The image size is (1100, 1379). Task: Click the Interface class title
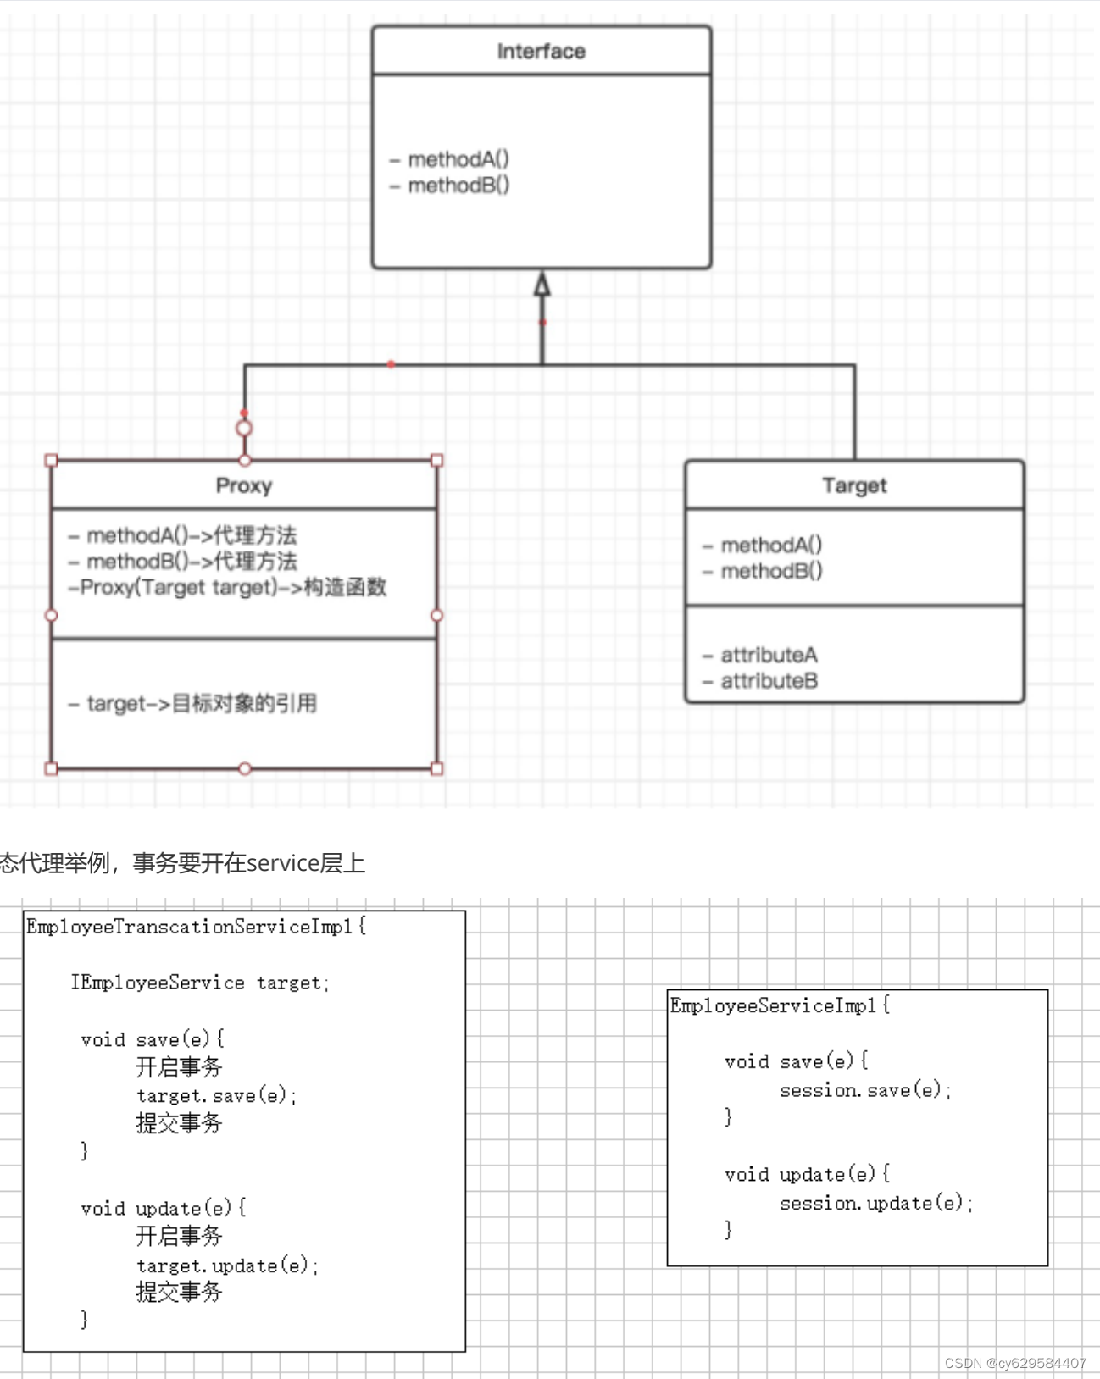[x=541, y=52]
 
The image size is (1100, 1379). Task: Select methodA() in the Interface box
[x=458, y=159]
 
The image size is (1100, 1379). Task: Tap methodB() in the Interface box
[x=458, y=186]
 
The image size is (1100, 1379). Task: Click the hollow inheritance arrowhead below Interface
[x=542, y=285]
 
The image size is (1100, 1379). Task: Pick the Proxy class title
[x=244, y=485]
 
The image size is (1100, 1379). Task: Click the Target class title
[x=854, y=485]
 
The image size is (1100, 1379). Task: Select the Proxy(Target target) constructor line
[x=228, y=587]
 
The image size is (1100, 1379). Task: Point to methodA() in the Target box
[x=770, y=545]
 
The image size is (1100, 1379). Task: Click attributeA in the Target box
[x=769, y=655]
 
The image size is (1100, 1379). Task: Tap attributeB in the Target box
[x=769, y=681]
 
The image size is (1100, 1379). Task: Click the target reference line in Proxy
[x=201, y=703]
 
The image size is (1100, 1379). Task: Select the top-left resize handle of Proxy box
[x=52, y=461]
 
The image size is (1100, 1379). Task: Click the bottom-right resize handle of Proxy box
[x=437, y=769]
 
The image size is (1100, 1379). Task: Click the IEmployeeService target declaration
[x=200, y=983]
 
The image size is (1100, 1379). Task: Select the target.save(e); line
[x=216, y=1096]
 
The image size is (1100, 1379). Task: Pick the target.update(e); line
[x=227, y=1265]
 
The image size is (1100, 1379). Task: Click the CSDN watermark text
[x=1014, y=1363]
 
